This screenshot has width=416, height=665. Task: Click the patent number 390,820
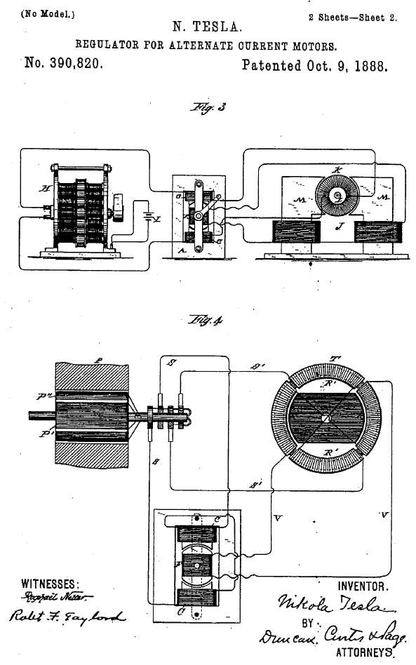[64, 65]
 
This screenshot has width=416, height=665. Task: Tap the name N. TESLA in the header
[208, 27]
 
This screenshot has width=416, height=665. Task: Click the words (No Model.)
[48, 13]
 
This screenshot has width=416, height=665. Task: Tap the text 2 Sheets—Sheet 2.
[352, 18]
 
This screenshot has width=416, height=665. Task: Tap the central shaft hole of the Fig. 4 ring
[325, 419]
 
